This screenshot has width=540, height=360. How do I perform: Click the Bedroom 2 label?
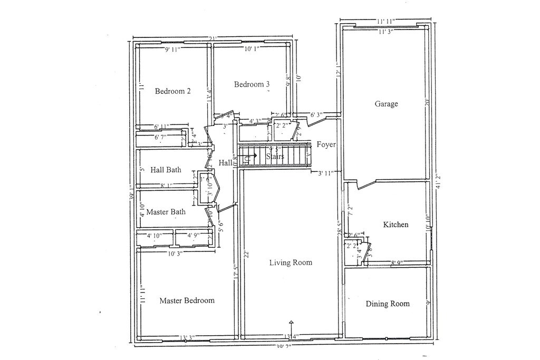(x=172, y=91)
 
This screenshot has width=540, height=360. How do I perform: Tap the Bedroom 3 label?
(x=252, y=84)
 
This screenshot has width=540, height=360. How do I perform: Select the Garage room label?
(x=386, y=104)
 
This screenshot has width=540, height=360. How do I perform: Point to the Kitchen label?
(x=396, y=225)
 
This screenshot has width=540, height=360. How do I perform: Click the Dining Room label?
(x=388, y=304)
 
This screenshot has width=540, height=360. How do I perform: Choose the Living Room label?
(x=291, y=262)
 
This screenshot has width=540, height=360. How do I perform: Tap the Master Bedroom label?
(x=187, y=300)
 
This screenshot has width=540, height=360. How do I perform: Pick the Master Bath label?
(x=166, y=212)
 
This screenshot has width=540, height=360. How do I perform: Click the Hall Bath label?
(x=166, y=170)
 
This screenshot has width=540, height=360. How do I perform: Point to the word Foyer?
(x=326, y=144)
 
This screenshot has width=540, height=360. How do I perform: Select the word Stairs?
(x=275, y=157)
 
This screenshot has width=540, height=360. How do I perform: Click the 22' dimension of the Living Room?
(x=246, y=253)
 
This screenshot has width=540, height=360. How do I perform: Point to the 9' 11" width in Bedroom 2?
(x=172, y=50)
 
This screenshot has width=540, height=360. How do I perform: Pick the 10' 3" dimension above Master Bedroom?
(x=177, y=254)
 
